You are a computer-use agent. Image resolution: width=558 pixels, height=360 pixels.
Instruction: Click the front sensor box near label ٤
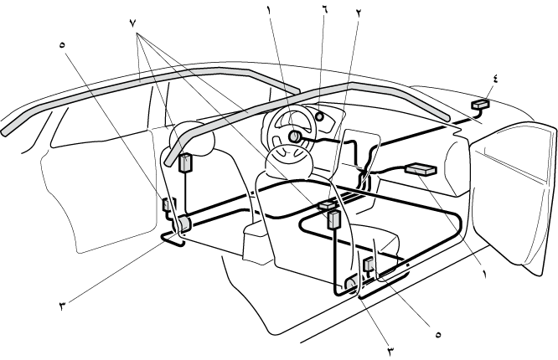pyautogui.click(x=481, y=105)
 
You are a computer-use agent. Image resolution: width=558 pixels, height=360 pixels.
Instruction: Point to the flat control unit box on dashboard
pyautogui.click(x=420, y=170)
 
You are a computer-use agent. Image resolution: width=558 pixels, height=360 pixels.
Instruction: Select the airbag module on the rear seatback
pyautogui.click(x=185, y=162)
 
